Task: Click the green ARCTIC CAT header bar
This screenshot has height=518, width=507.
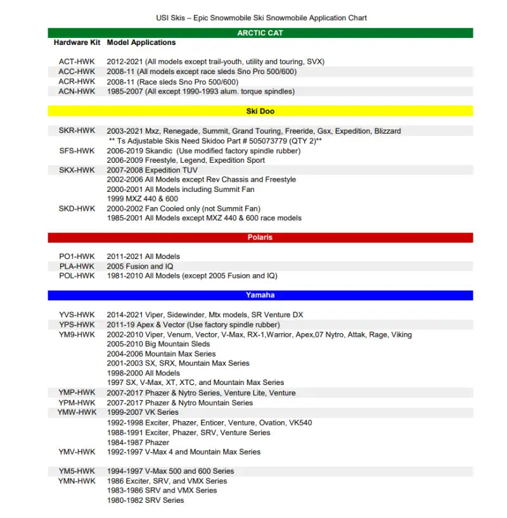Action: pyautogui.click(x=260, y=33)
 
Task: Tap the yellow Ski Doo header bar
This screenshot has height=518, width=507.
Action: pyautogui.click(x=260, y=111)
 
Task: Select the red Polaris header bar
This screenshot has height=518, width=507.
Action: pyautogui.click(x=260, y=237)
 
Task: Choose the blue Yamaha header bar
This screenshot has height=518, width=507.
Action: pyautogui.click(x=260, y=295)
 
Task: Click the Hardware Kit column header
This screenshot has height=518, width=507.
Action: pyautogui.click(x=77, y=42)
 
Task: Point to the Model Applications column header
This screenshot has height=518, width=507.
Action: pyautogui.click(x=141, y=42)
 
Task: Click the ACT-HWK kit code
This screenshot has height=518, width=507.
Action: pyautogui.click(x=77, y=62)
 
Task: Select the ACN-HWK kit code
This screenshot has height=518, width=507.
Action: pyautogui.click(x=77, y=91)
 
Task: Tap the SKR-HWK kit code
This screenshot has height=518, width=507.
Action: pyautogui.click(x=77, y=131)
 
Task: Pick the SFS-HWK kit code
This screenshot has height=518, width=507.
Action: pyautogui.click(x=77, y=151)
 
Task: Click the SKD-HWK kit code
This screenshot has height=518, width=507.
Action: pyautogui.click(x=77, y=208)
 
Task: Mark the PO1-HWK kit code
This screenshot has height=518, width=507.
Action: pyautogui.click(x=77, y=256)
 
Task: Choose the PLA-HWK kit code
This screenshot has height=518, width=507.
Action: pyautogui.click(x=77, y=267)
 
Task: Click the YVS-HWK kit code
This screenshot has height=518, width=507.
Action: pyautogui.click(x=77, y=315)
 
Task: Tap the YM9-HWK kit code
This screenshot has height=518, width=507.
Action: pyautogui.click(x=77, y=334)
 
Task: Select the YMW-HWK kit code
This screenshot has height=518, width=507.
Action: pyautogui.click(x=77, y=412)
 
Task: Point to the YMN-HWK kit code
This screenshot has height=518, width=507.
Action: pyautogui.click(x=77, y=481)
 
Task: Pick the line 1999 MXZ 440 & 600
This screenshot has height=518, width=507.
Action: pyautogui.click(x=143, y=199)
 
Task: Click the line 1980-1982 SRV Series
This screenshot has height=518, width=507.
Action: pyautogui.click(x=146, y=500)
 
